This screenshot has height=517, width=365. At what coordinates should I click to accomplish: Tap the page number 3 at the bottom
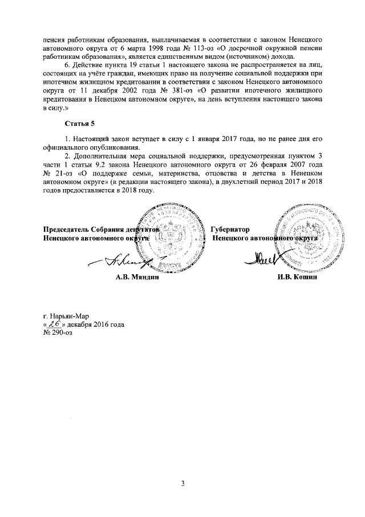point(183,484)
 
